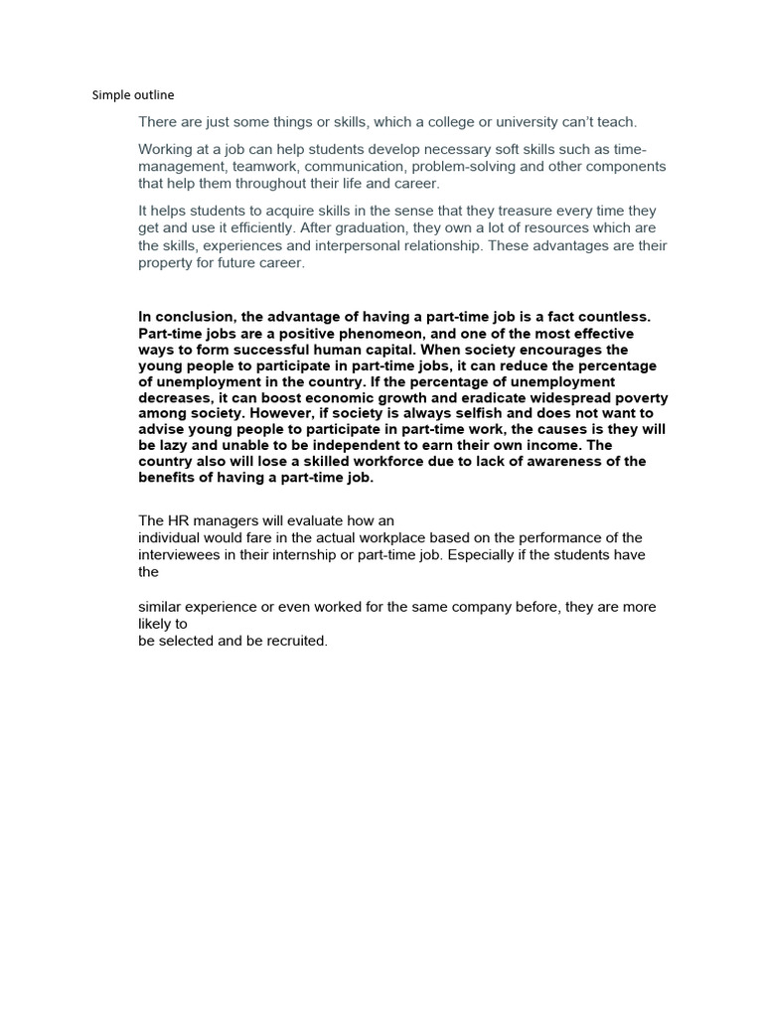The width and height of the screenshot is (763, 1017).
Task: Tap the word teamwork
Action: click(x=255, y=167)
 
